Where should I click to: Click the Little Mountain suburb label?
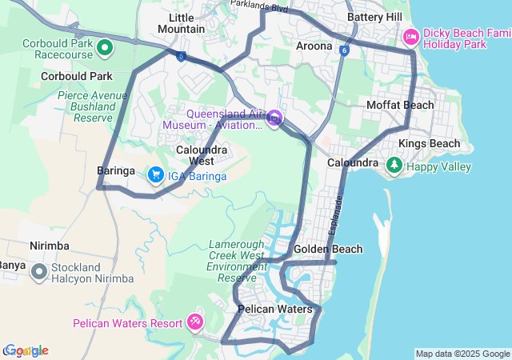coord(181,23)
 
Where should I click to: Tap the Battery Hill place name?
coord(374,17)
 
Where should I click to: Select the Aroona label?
coord(314,46)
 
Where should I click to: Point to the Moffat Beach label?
coord(400,105)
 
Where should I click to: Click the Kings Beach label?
coord(430,144)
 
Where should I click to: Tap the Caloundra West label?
coord(202,155)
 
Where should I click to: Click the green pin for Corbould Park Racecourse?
coord(105,50)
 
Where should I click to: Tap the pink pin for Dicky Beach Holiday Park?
coord(411,37)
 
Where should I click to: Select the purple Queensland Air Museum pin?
coord(274,119)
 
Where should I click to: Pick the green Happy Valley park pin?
coord(394,166)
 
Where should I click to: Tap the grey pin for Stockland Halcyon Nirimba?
coord(38,273)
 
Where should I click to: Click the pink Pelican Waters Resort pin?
coord(194,322)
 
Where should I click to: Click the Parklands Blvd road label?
coord(258,6)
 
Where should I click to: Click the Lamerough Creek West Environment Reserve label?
coord(237,261)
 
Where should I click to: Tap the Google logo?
coord(26,350)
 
